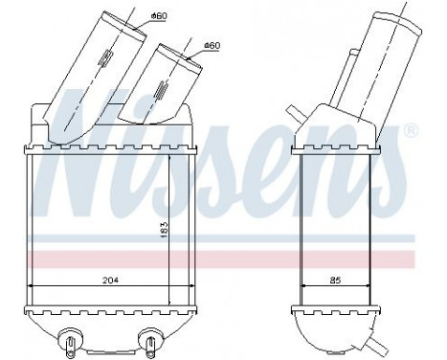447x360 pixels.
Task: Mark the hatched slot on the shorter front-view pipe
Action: [x=161, y=94]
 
